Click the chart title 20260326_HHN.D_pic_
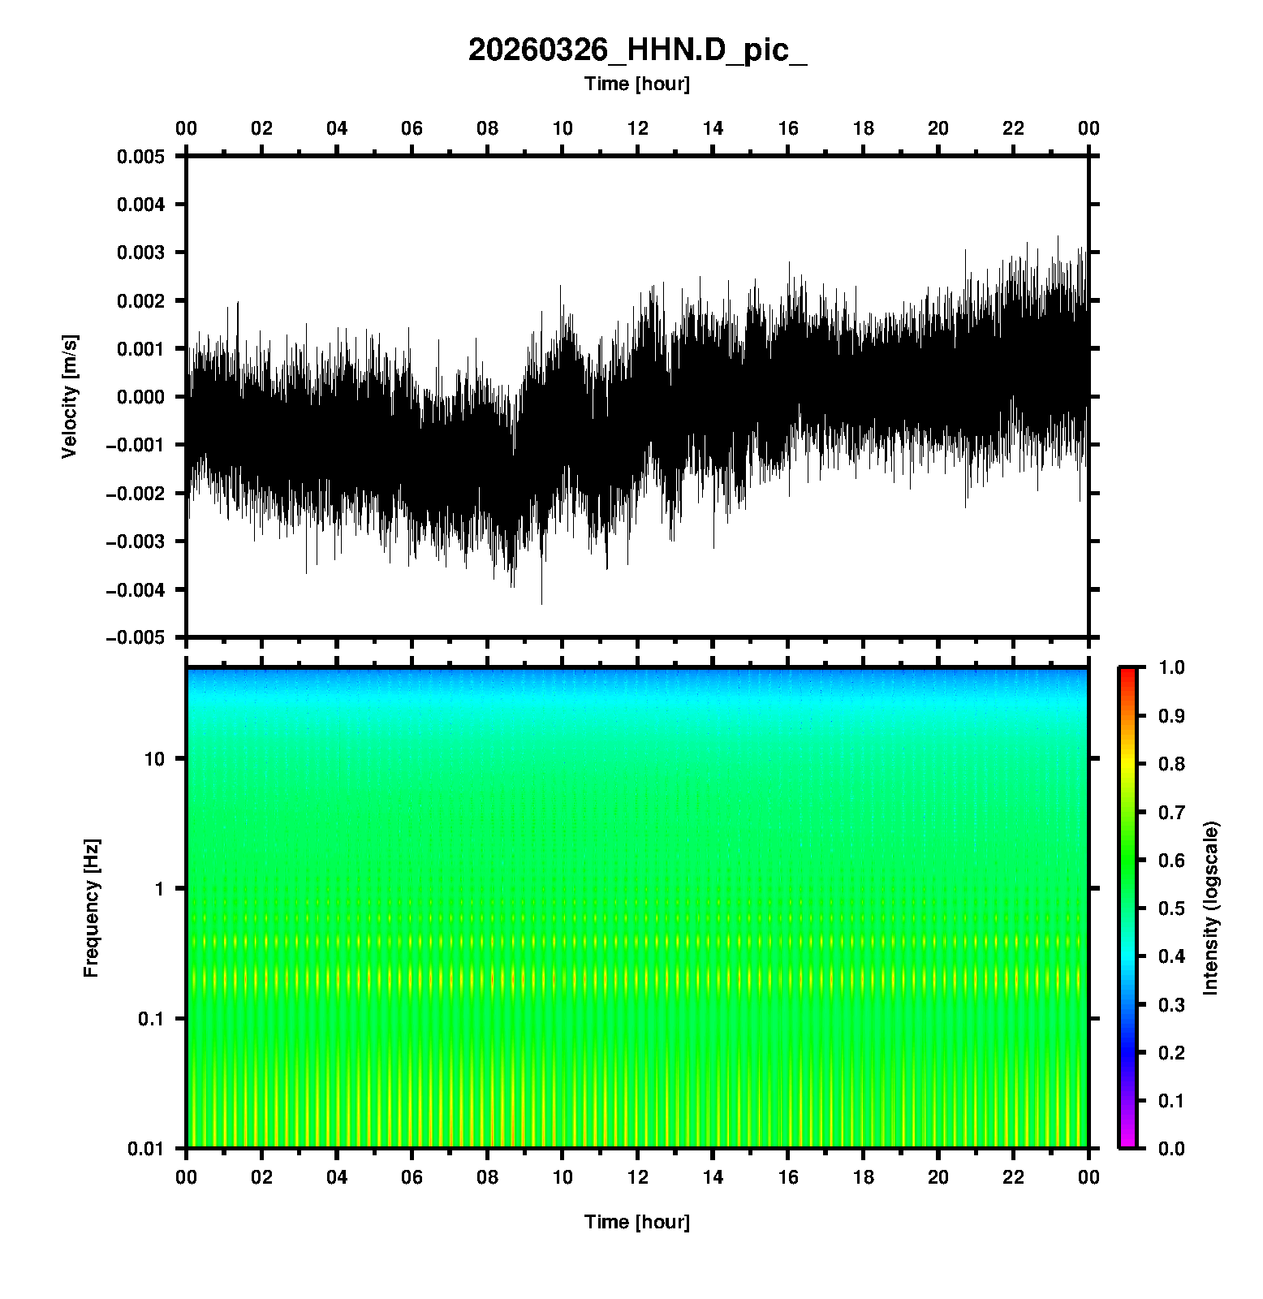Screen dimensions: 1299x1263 pos(637,50)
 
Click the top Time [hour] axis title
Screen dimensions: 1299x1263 pos(637,84)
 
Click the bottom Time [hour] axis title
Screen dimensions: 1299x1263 pos(637,1222)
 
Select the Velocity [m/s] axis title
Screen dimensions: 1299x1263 pos(70,396)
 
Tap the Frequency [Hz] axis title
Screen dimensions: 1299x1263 pos(91,908)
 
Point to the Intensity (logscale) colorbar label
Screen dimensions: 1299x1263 pos(1211,908)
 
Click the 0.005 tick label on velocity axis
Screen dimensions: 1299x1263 pos(140,157)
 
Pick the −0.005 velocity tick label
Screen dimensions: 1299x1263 pos(135,638)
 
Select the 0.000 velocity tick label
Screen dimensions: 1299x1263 pos(140,397)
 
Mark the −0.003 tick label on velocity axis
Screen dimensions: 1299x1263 pos(135,542)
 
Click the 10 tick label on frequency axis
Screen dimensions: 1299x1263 pos(154,759)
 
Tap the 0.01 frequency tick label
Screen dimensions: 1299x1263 pos(146,1149)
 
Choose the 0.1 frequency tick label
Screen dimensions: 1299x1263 pos(150,1019)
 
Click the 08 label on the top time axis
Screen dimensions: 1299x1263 pos(487,128)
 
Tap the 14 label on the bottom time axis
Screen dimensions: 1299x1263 pos(713,1177)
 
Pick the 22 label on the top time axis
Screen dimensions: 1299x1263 pos(1014,128)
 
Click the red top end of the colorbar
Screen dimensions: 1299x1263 pos(1127,672)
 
